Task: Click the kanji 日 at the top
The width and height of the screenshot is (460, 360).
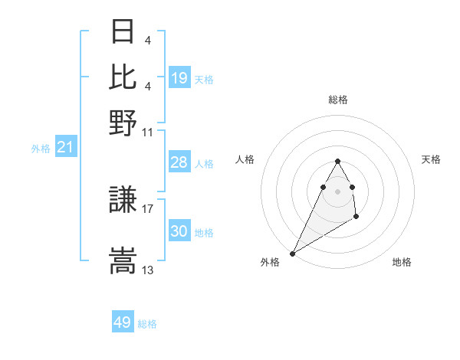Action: pyautogui.click(x=123, y=33)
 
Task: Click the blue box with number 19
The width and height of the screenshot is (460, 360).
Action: pyautogui.click(x=179, y=78)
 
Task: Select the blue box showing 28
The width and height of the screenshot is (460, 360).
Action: pyautogui.click(x=179, y=162)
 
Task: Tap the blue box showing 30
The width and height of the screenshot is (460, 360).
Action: pyautogui.click(x=179, y=231)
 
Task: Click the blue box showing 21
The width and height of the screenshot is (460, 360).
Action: pyautogui.click(x=65, y=147)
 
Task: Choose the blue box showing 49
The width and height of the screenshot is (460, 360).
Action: pyautogui.click(x=123, y=322)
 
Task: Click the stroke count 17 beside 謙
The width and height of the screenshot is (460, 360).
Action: pyautogui.click(x=148, y=208)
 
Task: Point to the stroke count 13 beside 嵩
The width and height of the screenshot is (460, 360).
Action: pyautogui.click(x=148, y=270)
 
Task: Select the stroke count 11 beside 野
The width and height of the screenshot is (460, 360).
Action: pyautogui.click(x=148, y=132)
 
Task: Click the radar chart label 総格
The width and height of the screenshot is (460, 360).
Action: pyautogui.click(x=338, y=100)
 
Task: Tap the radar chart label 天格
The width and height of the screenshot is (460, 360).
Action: pyautogui.click(x=432, y=159)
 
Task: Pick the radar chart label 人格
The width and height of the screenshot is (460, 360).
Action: pyautogui.click(x=245, y=159)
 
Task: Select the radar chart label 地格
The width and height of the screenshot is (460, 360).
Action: pyautogui.click(x=402, y=263)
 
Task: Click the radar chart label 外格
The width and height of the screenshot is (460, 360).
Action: pyautogui.click(x=270, y=263)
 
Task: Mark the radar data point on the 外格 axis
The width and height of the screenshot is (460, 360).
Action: pyautogui.click(x=293, y=253)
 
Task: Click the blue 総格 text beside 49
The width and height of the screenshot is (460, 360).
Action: pyautogui.click(x=147, y=324)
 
